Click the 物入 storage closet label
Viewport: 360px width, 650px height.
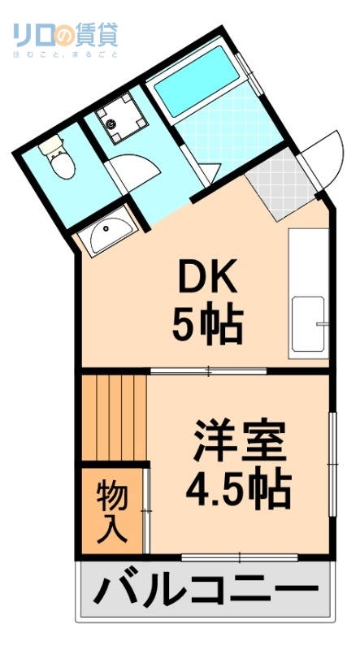pyautogui.click(x=111, y=512)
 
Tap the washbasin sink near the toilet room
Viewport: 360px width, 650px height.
pyautogui.click(x=108, y=235)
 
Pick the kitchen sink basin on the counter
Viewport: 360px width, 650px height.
pyautogui.click(x=308, y=325)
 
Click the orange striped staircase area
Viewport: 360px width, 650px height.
pyautogui.click(x=114, y=417)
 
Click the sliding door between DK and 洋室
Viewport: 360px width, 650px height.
pyautogui.click(x=209, y=371)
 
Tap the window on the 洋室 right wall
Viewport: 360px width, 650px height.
pyautogui.click(x=332, y=463)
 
